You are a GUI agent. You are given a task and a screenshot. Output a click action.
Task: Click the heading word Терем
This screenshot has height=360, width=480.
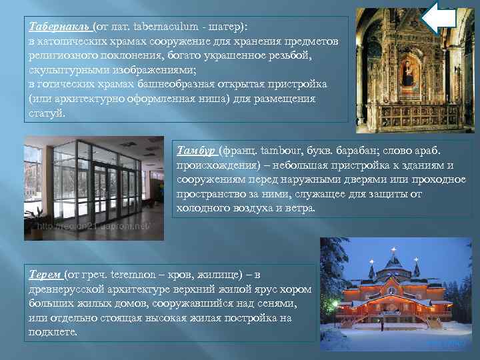point(45,274)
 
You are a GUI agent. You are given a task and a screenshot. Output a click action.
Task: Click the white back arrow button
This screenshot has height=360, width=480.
point(439,18)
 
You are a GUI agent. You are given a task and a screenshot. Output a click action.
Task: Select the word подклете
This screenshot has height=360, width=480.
point(53,331)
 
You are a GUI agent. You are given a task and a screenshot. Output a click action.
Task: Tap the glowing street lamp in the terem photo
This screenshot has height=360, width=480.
point(334,305)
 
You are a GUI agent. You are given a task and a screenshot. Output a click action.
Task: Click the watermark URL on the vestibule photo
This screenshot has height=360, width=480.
point(93,227)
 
